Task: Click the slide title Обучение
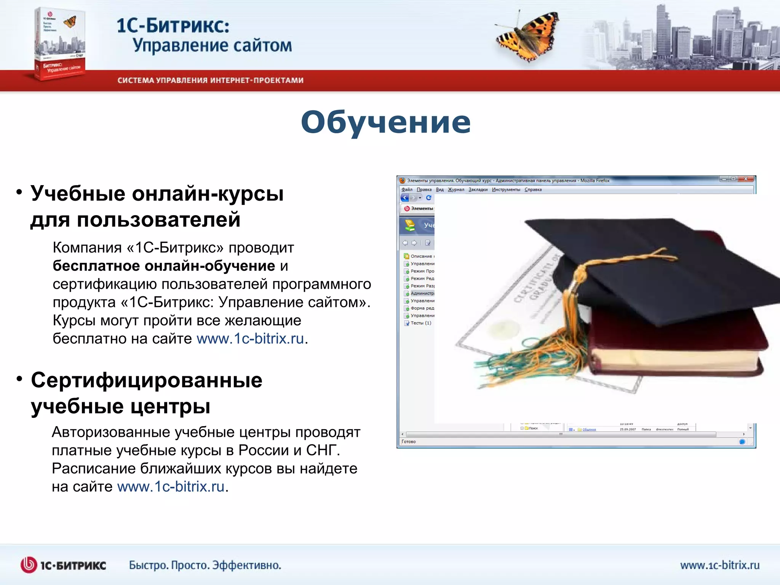point(385,123)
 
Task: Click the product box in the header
point(60,44)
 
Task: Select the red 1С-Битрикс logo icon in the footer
point(29,565)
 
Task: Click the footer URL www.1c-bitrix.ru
point(719,565)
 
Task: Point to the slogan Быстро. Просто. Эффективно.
point(205,565)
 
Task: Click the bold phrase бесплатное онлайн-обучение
point(164,266)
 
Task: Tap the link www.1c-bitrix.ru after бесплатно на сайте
point(250,339)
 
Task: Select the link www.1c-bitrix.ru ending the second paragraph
point(171,487)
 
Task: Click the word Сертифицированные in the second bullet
point(147,380)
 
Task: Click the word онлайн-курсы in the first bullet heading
point(208,193)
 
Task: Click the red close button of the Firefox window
point(746,179)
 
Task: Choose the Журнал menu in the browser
point(456,190)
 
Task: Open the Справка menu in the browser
point(533,190)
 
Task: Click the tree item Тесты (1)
point(420,323)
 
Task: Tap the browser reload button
point(428,198)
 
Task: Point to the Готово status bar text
point(409,442)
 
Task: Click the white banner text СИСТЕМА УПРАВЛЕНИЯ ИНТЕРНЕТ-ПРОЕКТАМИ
point(210,80)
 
